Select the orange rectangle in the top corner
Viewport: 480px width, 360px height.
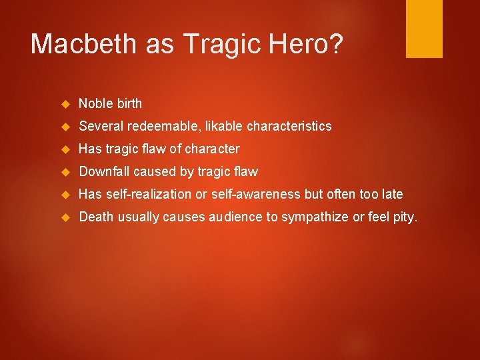click(x=424, y=28)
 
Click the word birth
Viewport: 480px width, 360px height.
click(x=129, y=103)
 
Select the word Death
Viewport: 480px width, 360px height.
click(x=95, y=217)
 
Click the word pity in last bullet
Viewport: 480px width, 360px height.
click(x=404, y=217)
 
